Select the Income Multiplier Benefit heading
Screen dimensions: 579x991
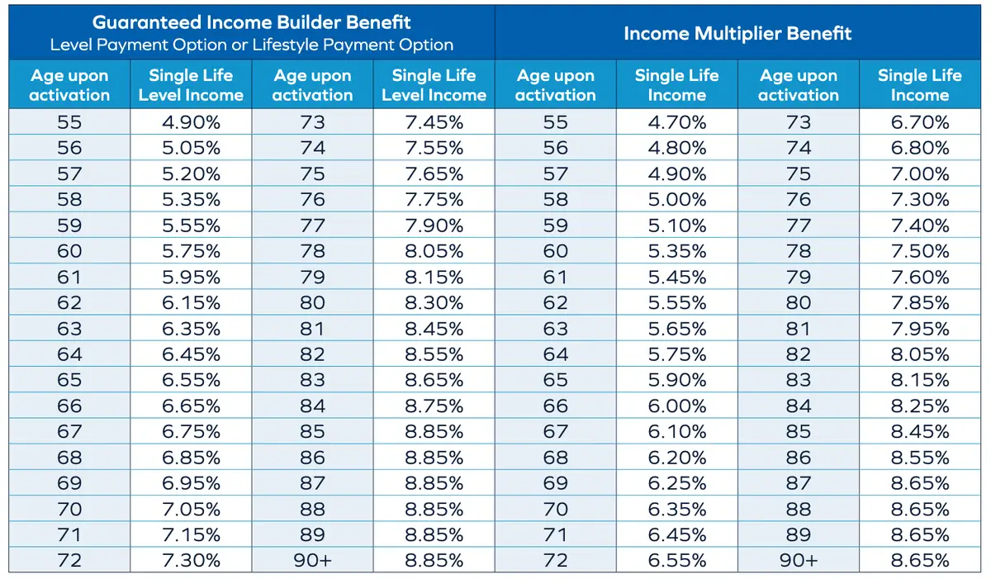pos(737,34)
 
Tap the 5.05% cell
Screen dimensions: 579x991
pos(191,149)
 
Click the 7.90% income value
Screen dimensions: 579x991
pos(434,225)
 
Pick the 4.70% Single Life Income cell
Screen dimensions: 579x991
pos(676,123)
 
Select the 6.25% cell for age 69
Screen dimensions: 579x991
pos(676,483)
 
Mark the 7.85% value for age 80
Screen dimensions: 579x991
pos(919,303)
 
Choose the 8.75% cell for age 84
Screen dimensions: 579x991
pos(434,406)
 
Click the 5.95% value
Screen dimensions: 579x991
pos(191,278)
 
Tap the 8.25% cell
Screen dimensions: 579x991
pos(919,406)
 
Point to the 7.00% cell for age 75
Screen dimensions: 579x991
pos(919,174)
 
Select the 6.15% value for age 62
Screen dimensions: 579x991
pos(191,303)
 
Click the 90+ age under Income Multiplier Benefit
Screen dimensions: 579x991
pos(798,561)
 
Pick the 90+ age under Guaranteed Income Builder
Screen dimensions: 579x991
pos(312,561)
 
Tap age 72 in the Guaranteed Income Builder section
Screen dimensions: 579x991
pos(69,561)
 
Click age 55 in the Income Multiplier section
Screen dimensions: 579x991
pos(555,123)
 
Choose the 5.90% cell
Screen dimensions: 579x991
pos(676,380)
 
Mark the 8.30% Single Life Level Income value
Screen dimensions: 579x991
pos(434,303)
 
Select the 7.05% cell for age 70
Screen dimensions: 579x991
pos(191,509)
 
